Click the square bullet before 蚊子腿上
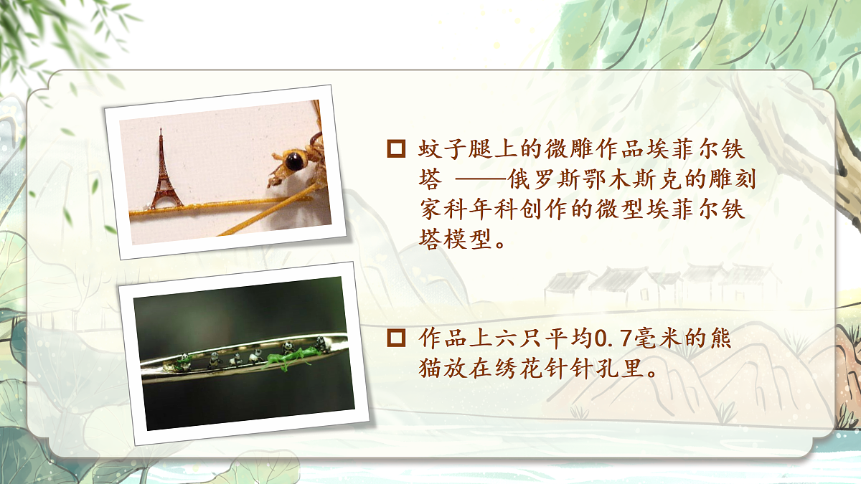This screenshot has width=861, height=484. [x=395, y=149]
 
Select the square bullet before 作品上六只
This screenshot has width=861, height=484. [x=395, y=337]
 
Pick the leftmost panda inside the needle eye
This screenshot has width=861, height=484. [x=184, y=361]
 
